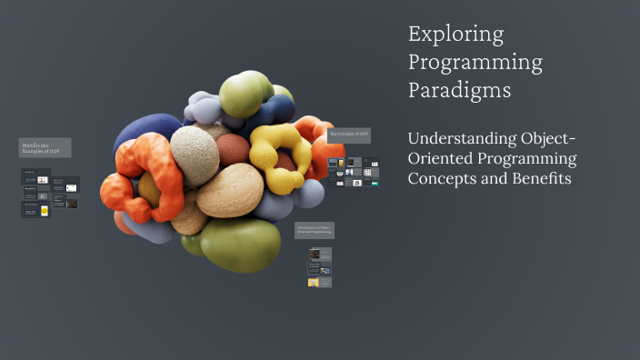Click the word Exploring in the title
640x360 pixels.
455,35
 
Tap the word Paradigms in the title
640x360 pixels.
459,91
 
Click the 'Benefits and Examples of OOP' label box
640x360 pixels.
45,147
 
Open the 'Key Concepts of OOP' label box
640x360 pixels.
349,135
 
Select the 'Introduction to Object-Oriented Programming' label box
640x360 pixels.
314,230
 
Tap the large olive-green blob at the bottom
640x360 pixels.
240,243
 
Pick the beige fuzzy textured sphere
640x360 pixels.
195,155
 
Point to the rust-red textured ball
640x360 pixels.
234,150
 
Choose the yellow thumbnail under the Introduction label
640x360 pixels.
314,282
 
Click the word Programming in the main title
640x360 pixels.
475,63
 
